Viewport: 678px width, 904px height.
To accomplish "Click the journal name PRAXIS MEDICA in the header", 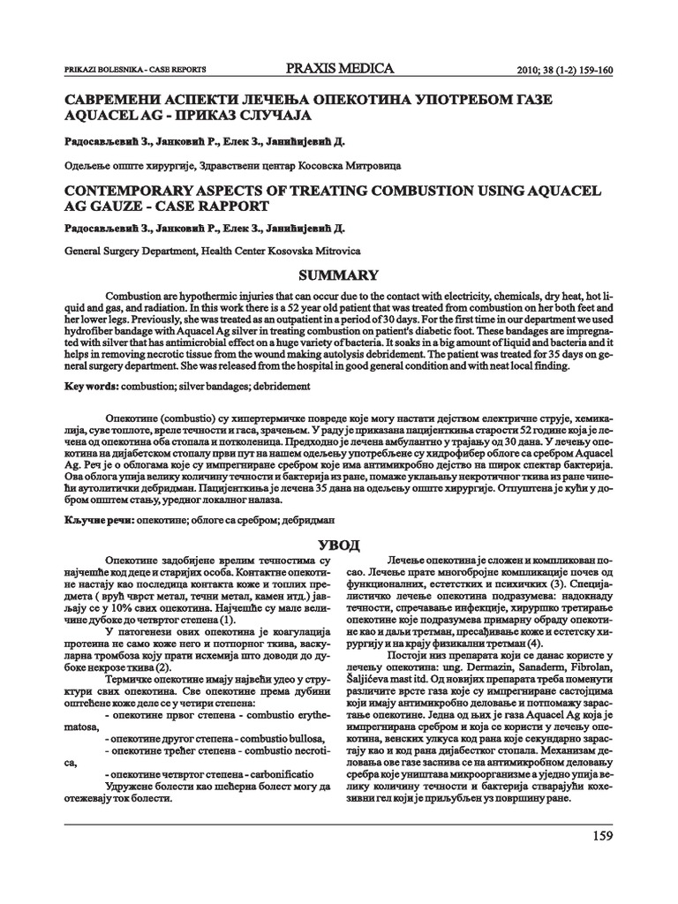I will [x=340, y=69].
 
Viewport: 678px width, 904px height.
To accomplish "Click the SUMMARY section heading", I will [x=340, y=275].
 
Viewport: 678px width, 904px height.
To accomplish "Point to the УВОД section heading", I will [x=339, y=542].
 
